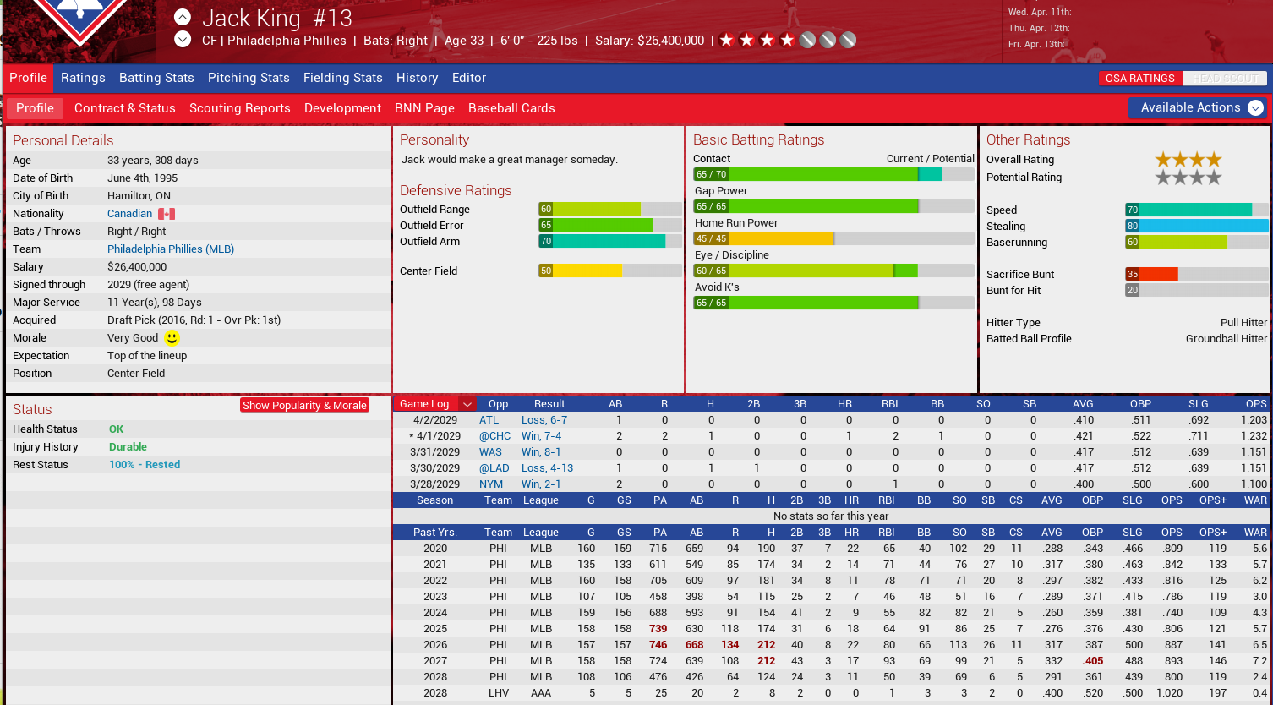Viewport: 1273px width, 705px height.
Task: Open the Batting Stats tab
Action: click(156, 78)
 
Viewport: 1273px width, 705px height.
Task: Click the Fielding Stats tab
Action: click(342, 78)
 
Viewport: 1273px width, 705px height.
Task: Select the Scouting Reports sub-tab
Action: click(239, 108)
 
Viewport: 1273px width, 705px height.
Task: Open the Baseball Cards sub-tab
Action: click(511, 108)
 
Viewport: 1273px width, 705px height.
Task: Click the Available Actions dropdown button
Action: click(1198, 107)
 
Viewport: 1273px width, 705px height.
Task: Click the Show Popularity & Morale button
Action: click(304, 405)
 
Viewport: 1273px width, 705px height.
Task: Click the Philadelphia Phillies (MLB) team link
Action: click(171, 249)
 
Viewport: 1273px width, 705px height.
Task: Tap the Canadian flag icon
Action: click(167, 214)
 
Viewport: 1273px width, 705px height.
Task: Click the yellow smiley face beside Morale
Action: click(172, 338)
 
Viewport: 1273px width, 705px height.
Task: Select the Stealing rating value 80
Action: click(1133, 227)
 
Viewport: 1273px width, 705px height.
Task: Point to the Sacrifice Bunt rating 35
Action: click(1133, 275)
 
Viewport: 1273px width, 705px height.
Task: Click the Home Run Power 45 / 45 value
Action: click(711, 239)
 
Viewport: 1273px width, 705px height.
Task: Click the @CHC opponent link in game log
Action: click(494, 436)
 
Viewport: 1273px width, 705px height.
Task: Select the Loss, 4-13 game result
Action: click(547, 468)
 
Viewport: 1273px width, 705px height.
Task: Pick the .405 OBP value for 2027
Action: click(1093, 661)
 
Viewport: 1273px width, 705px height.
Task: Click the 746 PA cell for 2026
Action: click(658, 645)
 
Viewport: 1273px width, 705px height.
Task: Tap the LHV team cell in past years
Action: click(498, 693)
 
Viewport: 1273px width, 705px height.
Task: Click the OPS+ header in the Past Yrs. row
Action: click(1212, 533)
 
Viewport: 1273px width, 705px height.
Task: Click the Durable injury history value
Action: click(128, 447)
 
